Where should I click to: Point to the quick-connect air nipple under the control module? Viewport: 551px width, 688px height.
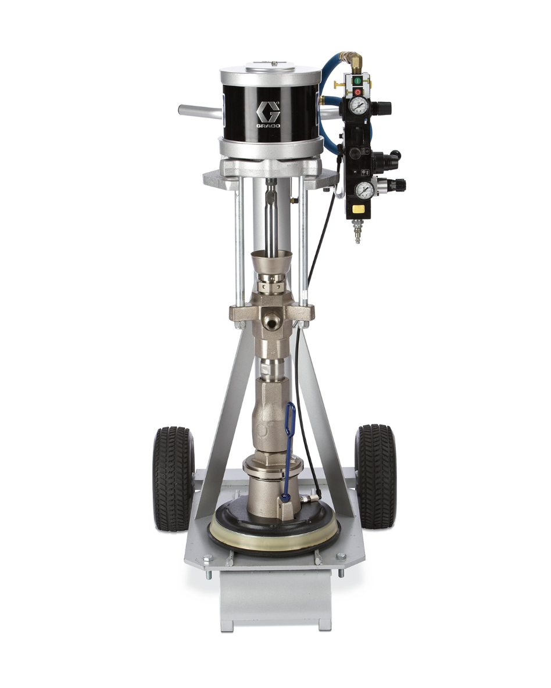point(358,234)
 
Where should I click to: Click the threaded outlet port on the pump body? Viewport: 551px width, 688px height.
point(270,320)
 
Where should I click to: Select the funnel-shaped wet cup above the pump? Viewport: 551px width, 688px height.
point(271,263)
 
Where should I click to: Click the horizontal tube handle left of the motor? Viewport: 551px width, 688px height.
point(198,109)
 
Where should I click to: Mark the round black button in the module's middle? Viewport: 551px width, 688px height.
point(354,153)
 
